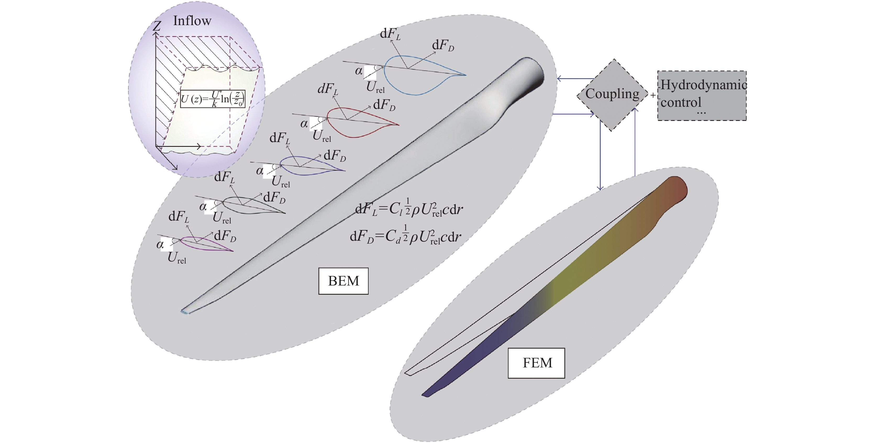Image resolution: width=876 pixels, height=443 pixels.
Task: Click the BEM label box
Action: click(x=343, y=281)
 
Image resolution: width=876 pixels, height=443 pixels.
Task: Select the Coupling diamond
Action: click(x=612, y=94)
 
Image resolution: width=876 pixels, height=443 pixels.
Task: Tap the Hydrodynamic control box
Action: click(x=702, y=95)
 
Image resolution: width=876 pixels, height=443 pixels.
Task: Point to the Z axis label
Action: click(x=157, y=26)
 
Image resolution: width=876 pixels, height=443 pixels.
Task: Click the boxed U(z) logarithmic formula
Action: click(x=213, y=99)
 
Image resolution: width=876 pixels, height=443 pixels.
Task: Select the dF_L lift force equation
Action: click(x=408, y=208)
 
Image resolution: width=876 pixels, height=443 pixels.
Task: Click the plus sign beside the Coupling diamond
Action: click(x=653, y=96)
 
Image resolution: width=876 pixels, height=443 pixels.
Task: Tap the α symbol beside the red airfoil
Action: click(x=304, y=124)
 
